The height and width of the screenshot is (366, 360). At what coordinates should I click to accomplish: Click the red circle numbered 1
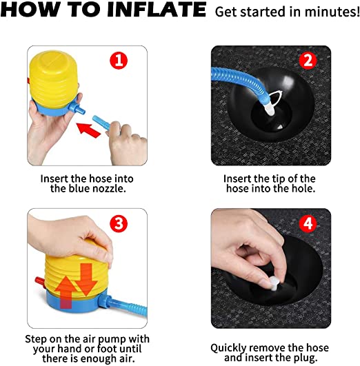[x=119, y=60]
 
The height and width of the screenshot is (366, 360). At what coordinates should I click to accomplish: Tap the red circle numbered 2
[x=308, y=60]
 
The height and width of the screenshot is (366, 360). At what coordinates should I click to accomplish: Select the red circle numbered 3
[x=119, y=223]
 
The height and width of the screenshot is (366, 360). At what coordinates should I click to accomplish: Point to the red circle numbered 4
[x=308, y=223]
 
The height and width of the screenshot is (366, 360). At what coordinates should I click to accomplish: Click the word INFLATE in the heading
[x=157, y=10]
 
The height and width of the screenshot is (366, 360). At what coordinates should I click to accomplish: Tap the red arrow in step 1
[x=89, y=130]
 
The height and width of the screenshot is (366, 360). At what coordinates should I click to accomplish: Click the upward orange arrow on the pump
[x=66, y=292]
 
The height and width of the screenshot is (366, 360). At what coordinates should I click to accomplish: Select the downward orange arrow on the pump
[x=86, y=279]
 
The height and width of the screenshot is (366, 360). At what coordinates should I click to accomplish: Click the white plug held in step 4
[x=274, y=283]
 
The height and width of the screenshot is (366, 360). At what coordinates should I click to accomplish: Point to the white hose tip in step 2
[x=269, y=109]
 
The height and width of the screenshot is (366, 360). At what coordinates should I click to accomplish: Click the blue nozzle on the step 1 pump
[x=77, y=108]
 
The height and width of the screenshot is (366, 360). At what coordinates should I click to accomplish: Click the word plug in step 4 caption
[x=306, y=358]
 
